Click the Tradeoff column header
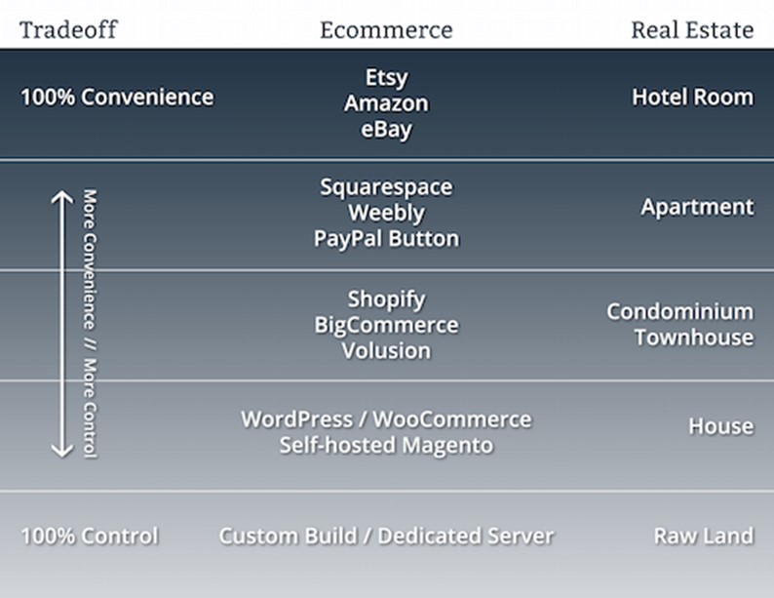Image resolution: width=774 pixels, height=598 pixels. coord(68,29)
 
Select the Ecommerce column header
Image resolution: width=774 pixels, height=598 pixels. coord(386,29)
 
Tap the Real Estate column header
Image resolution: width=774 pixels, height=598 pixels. coord(692,29)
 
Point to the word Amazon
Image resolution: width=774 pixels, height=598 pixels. coord(386,103)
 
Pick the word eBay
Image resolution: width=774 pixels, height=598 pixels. coord(386,129)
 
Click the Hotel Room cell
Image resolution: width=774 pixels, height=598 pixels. coord(692,98)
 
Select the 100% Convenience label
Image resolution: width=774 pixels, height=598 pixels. coord(117,98)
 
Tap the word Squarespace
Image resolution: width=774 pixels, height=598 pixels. coord(386,186)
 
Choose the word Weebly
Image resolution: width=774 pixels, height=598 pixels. coord(386,212)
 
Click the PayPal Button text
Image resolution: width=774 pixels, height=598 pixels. coord(386,238)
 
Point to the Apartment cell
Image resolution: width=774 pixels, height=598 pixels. coord(697,207)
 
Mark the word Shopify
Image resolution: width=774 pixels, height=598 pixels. coord(386,299)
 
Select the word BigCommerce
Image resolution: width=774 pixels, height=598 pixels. coord(386,325)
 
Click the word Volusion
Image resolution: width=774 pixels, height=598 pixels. coord(386,350)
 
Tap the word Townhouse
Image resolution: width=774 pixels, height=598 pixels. coord(694,338)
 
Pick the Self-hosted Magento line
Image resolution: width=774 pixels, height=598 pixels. coord(386,446)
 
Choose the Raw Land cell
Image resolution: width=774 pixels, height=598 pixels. coord(704,536)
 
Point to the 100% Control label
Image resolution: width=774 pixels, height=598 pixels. coord(89,536)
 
